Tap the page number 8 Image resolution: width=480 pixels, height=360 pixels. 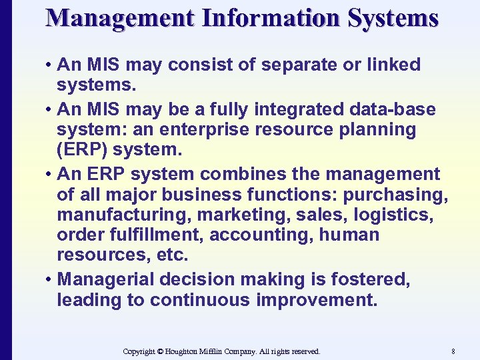[x=453, y=351]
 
